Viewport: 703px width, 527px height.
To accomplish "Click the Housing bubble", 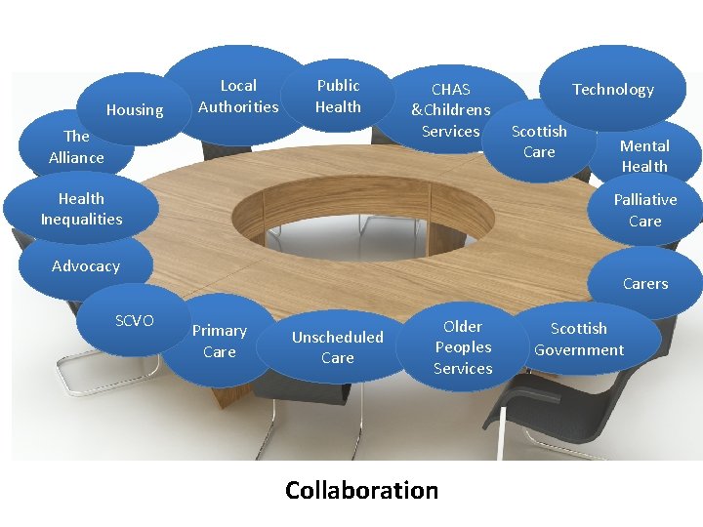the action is pos(135,110).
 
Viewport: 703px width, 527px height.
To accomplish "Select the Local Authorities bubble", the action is pos(238,96).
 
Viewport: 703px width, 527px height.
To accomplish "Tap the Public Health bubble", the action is pos(338,96).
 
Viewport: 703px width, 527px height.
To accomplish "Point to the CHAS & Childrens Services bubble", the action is pos(451,109).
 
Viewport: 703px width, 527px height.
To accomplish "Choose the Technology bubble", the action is pos(613,90).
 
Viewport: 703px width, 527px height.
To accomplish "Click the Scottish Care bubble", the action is pos(539,142).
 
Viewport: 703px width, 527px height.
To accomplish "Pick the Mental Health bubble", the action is pos(644,156).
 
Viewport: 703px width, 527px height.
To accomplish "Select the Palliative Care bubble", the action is pos(644,210).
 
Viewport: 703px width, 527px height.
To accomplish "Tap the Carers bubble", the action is pos(645,283).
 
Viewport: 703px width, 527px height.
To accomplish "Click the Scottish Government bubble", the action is pos(579,339).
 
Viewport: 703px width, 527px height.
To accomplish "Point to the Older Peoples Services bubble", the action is pos(463,347).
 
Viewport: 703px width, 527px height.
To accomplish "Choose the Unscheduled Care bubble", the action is pos(338,347).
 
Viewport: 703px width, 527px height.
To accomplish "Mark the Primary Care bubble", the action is pos(220,341).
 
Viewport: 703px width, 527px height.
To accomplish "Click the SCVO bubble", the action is pos(135,320).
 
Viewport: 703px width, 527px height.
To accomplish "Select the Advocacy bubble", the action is pos(86,266).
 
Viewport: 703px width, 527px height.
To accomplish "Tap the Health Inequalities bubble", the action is pos(81,209).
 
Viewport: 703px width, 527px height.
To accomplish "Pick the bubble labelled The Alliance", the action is pos(76,146).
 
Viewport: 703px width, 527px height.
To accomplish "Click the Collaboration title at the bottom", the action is pos(361,490).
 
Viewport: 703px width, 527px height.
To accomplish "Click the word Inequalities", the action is pos(81,220).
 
